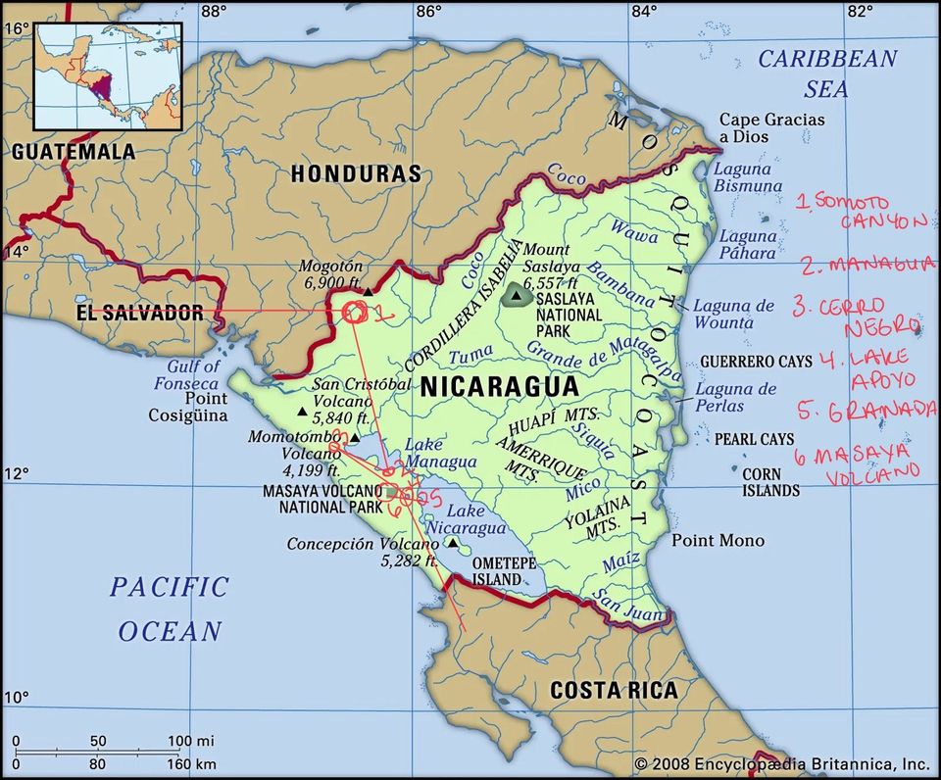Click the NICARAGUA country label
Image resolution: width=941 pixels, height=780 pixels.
click(x=500, y=386)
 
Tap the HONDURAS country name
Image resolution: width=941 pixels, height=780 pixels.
click(x=356, y=174)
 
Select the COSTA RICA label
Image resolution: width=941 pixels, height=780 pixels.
click(x=613, y=690)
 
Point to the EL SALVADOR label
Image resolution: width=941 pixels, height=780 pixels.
click(x=139, y=314)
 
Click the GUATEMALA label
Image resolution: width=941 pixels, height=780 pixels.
click(x=74, y=152)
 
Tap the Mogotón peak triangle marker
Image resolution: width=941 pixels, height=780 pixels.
click(x=368, y=291)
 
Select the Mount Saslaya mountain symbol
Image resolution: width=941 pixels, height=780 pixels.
click(x=515, y=295)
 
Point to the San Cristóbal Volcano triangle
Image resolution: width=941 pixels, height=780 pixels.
click(x=302, y=412)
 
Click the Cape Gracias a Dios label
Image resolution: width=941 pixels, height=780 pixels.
click(x=772, y=128)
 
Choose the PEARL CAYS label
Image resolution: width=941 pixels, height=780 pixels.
click(x=754, y=439)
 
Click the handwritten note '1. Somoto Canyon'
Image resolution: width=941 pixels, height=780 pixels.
click(x=859, y=211)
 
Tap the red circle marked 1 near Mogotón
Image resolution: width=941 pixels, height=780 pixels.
click(x=355, y=313)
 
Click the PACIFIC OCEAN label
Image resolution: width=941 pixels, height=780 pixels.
click(x=169, y=609)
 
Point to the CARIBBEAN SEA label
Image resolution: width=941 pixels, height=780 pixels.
click(x=827, y=73)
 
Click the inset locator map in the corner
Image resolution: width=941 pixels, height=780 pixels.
click(x=108, y=76)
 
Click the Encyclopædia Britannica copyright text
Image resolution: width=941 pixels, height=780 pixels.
click(x=781, y=763)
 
